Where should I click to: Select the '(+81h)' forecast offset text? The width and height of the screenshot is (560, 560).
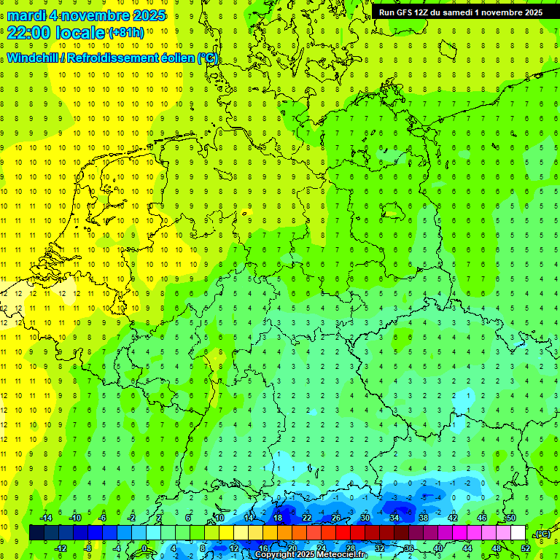(x=125, y=33)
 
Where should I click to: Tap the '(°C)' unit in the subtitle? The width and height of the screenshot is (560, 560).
(x=207, y=58)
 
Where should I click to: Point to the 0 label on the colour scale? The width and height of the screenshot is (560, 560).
(x=144, y=548)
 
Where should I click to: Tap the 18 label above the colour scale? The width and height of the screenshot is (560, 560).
(x=278, y=518)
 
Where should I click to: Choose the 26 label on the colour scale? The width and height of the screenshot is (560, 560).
(x=335, y=518)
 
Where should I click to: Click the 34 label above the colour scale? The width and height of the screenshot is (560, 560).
(x=394, y=518)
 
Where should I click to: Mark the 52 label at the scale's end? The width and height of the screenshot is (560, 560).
(x=526, y=548)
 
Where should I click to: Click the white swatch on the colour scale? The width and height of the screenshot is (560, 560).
(x=518, y=533)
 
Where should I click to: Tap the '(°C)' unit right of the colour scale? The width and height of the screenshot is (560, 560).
(x=542, y=534)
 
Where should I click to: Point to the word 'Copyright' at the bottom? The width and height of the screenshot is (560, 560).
(x=275, y=555)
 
